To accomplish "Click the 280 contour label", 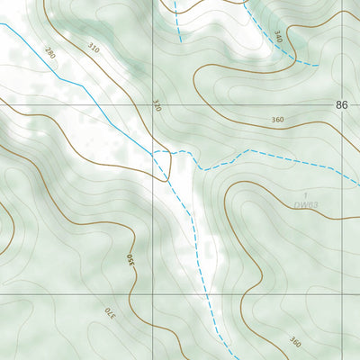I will click(x=49, y=55).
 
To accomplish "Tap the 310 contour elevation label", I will click(x=94, y=45).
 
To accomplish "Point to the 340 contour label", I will click(x=278, y=37).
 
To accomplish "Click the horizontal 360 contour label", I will click(x=276, y=120).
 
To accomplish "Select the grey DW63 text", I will click(x=306, y=205).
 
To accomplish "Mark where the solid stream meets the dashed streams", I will click(x=155, y=153).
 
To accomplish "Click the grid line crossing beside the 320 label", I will click(x=153, y=104).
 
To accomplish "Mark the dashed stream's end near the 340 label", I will click(x=318, y=65).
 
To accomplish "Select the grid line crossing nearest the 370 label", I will click(x=153, y=293).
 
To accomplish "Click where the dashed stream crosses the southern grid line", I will click(x=208, y=293).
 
